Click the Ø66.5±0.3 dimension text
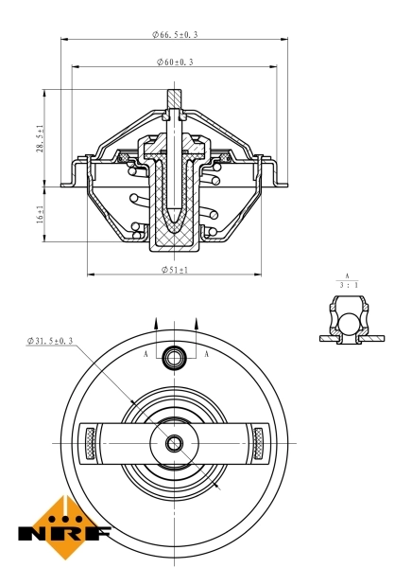pyautogui.click(x=176, y=34)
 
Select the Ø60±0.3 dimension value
pyautogui.click(x=176, y=62)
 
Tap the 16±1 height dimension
pyautogui.click(x=40, y=214)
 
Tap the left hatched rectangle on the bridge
pyautogui.click(x=92, y=442)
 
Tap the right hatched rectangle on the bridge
pyautogui.click(x=258, y=442)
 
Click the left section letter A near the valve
pyautogui.click(x=146, y=353)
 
